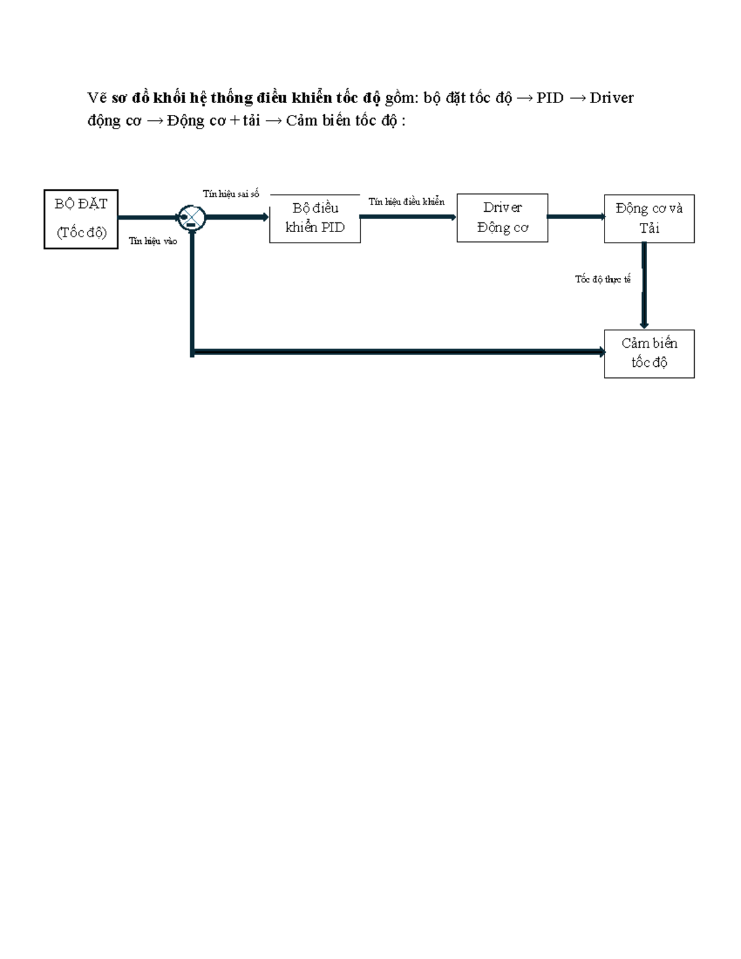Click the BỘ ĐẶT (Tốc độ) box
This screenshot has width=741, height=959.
pos(81,219)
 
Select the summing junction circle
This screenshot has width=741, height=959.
pos(191,217)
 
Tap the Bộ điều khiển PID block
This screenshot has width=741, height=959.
pos(315,219)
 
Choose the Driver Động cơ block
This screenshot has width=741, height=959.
pos(502,218)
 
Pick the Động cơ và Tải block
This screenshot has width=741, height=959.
pos(649,219)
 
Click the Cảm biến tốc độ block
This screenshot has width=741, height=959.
pos(649,353)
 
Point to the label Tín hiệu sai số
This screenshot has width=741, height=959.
pos(231,194)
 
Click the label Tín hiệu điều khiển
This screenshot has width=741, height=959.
pos(406,202)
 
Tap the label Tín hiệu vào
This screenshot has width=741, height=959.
pos(153,241)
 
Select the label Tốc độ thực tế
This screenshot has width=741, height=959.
pos(603,280)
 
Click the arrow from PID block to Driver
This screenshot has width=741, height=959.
pos(408,217)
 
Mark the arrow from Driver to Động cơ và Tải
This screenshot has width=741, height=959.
pos(576,217)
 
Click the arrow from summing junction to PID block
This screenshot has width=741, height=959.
pos(237,217)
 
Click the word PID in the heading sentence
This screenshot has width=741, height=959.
pos(550,98)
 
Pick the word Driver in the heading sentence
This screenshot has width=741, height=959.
pos(611,98)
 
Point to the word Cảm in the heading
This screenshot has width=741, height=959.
pos(301,120)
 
